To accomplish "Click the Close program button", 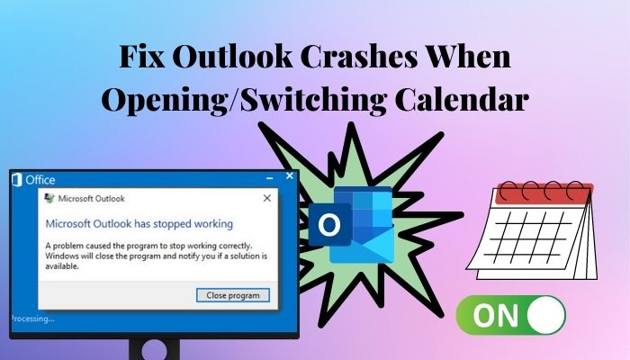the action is coord(233,295).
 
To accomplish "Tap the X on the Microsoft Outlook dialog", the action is coord(266,198).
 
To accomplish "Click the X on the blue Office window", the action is coord(289,176).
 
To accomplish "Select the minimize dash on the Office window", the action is coord(270,178).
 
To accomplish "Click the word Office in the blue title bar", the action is coord(40,180).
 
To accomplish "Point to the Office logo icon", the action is coord(17,180).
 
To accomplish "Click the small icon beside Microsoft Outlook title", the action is coord(49,198).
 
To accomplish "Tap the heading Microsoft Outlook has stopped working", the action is coord(139,224).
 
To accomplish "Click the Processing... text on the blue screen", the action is coord(32,319).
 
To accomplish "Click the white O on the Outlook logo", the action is coord(329,225).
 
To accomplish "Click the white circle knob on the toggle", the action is coord(546,315).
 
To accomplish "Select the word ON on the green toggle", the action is coord(496,315).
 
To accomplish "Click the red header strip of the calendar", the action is coord(544,194).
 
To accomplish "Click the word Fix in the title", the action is coord(142,57).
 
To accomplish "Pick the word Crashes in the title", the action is coord(360,57).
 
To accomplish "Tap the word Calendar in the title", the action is coord(462,99).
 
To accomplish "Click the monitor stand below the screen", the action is coord(154,349).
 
